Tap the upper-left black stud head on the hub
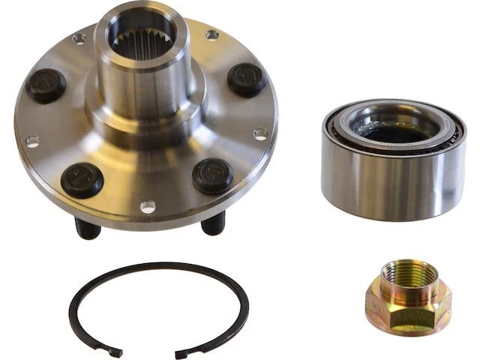click(46, 85)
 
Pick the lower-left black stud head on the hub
click(82, 180)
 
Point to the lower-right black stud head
click(212, 175)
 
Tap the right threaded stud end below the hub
click(213, 223)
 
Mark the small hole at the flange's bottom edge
click(148, 205)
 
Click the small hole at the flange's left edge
click(31, 141)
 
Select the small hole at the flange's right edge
click(259, 134)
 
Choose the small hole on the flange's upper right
click(211, 34)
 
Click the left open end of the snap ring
click(115, 350)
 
